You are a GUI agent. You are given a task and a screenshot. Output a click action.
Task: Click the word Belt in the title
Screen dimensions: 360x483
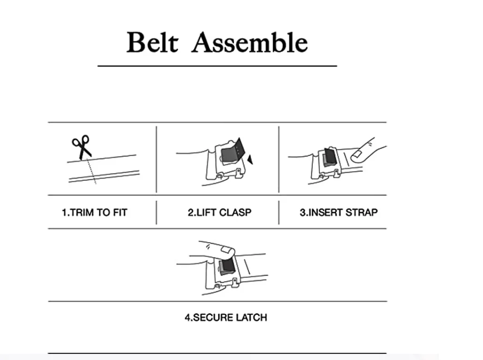click(152, 43)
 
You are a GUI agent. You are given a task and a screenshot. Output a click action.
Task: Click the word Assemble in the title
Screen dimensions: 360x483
click(250, 43)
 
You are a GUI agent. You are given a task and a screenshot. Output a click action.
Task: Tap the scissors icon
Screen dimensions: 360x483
click(82, 147)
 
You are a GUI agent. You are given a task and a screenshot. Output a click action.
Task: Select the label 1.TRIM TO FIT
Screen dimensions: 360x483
click(94, 212)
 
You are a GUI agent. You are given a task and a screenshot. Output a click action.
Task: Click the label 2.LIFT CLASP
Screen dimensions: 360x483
click(219, 212)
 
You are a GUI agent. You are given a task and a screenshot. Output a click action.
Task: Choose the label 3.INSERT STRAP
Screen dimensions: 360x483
click(339, 212)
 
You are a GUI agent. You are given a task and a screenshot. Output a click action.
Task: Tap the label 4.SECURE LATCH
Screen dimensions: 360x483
click(226, 317)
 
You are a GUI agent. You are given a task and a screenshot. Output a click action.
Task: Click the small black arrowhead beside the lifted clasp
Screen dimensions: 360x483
click(250, 160)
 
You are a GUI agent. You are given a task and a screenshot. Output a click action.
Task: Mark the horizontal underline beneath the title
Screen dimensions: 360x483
click(217, 66)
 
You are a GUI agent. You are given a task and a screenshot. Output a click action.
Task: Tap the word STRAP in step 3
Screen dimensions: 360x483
click(362, 212)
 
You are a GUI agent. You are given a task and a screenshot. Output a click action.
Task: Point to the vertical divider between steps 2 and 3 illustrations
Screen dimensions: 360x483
click(279, 159)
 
